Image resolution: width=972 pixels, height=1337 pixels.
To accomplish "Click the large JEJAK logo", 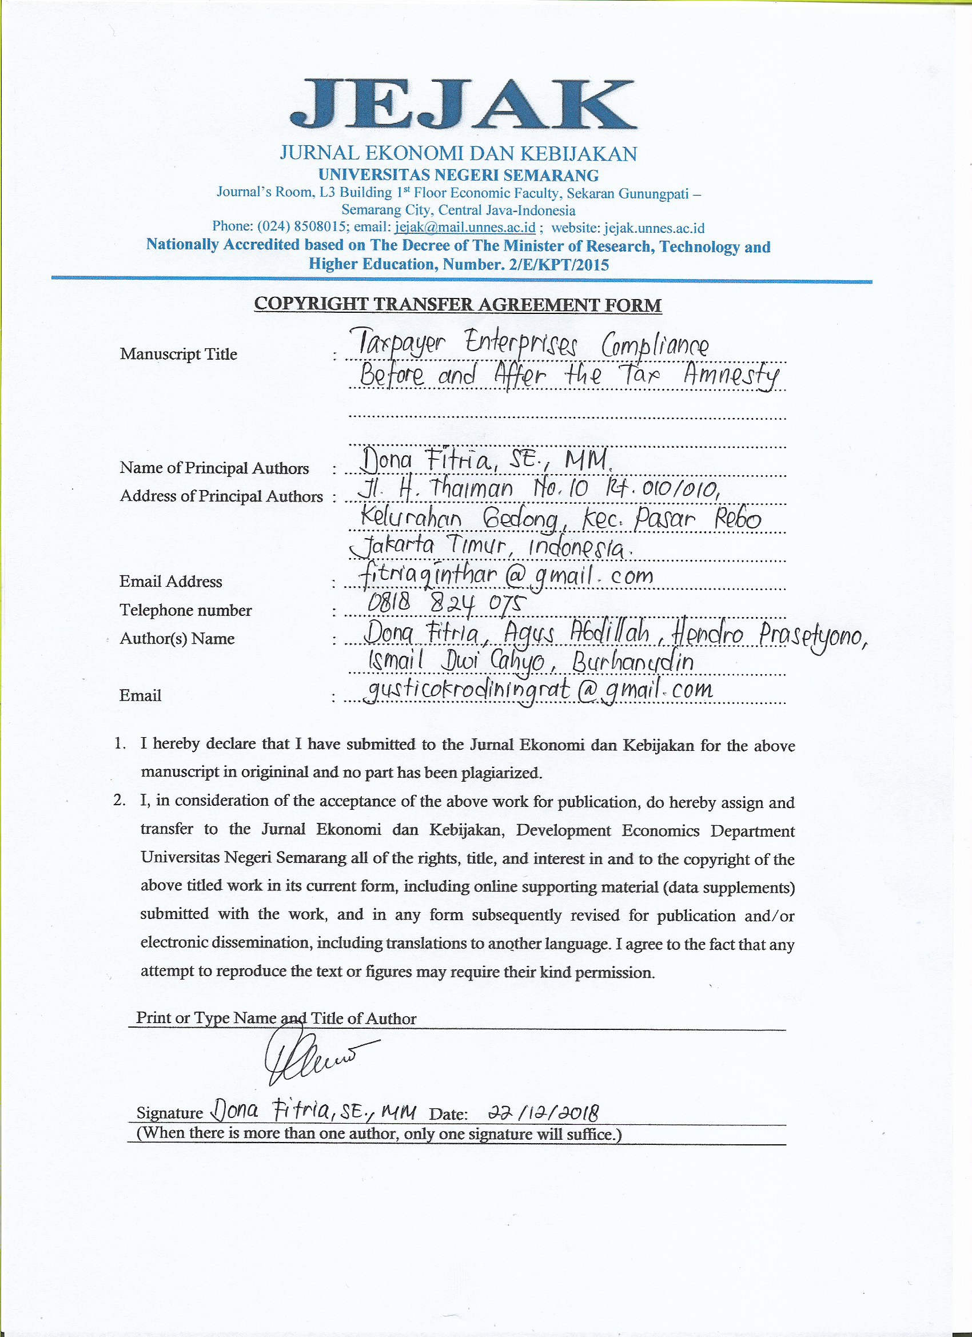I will click(463, 105).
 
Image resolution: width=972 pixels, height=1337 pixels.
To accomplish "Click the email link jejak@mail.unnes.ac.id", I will click(465, 228).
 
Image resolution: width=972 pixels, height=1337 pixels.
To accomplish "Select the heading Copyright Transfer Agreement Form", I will click(458, 305).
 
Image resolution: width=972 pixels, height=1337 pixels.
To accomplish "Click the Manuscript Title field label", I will click(178, 355).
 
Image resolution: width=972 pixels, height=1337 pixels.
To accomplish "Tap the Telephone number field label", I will click(186, 610).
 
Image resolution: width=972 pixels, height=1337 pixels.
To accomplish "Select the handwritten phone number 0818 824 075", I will click(445, 603).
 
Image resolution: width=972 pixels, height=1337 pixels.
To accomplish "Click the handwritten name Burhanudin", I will click(632, 663).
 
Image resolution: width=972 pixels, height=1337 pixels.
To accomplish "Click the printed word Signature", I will click(170, 1113).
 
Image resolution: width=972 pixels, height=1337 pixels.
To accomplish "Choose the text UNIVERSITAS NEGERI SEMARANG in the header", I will click(458, 175).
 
